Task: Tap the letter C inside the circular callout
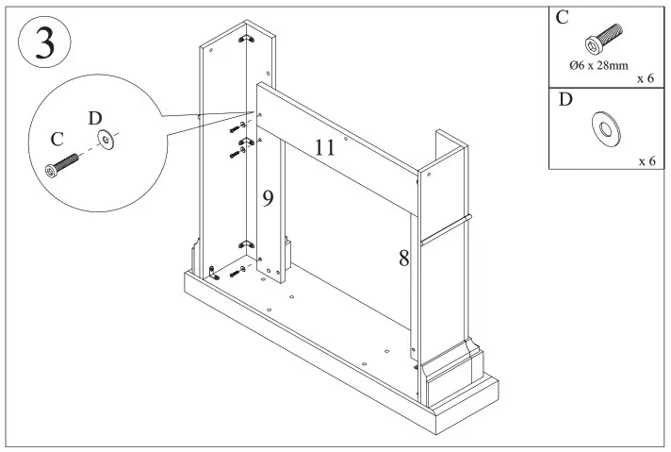tap(57, 139)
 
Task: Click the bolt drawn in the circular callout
tap(59, 164)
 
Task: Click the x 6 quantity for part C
tap(646, 78)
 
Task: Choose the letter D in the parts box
tap(565, 100)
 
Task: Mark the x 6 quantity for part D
tap(646, 161)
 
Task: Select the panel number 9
tap(268, 198)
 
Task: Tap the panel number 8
tap(403, 258)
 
